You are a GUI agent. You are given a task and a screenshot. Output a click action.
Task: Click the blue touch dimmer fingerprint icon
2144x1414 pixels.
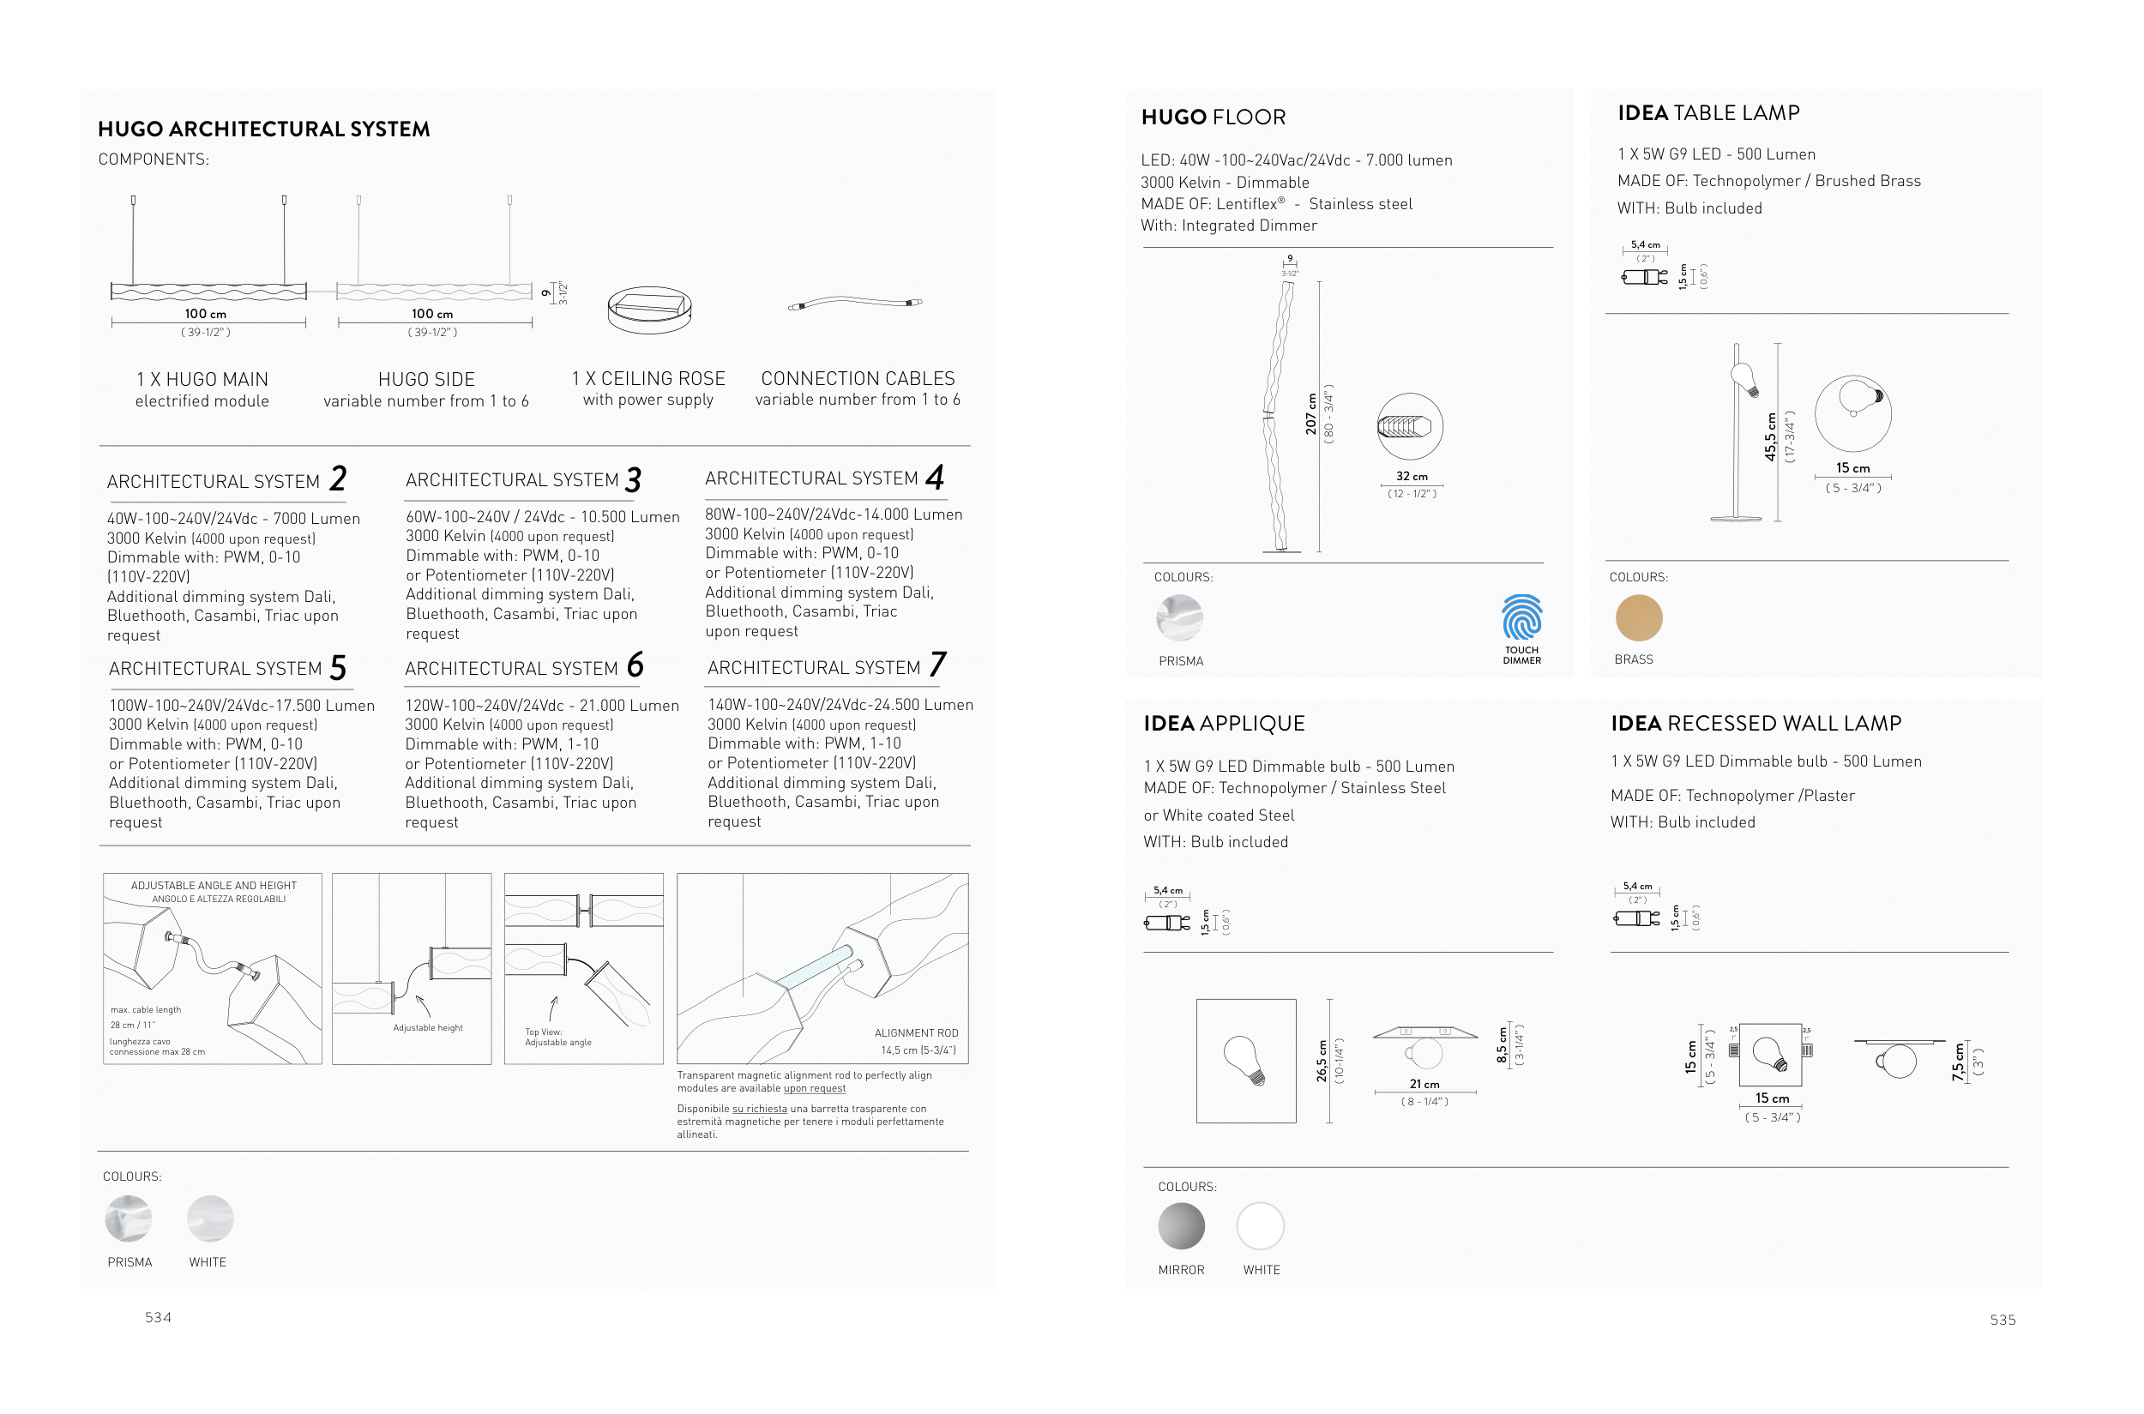click(1521, 617)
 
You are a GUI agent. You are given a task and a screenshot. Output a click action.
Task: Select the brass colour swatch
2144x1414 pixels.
click(1638, 617)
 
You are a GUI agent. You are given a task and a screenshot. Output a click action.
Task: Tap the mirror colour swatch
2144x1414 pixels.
click(1181, 1226)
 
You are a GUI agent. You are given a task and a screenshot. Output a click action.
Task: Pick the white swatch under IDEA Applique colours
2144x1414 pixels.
click(1260, 1226)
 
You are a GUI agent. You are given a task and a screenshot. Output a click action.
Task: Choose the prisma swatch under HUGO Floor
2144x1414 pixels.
click(1180, 617)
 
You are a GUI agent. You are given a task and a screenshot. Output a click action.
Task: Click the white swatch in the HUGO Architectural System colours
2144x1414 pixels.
click(210, 1219)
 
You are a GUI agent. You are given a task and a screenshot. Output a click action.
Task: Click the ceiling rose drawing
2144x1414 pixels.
click(649, 310)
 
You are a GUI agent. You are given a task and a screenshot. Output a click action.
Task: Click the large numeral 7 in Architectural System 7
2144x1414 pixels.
click(938, 665)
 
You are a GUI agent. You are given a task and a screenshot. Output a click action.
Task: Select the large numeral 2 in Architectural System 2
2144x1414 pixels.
click(338, 478)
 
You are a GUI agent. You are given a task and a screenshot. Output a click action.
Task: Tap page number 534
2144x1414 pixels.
click(158, 1317)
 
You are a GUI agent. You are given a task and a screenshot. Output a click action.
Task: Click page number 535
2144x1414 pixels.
click(2002, 1321)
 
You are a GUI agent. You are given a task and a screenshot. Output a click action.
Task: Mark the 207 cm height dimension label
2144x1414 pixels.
click(1311, 414)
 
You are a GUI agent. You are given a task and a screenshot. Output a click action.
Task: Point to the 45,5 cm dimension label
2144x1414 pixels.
click(1770, 437)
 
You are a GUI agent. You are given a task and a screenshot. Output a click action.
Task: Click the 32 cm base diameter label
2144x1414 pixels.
click(1412, 476)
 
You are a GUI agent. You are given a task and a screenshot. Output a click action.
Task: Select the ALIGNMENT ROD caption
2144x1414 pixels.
click(916, 1033)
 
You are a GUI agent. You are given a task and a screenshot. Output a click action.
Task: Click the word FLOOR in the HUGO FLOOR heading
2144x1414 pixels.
click(1250, 117)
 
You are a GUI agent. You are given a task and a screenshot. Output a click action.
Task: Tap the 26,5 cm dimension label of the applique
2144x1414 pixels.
click(1322, 1062)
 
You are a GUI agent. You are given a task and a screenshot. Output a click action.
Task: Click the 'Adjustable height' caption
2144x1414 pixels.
click(428, 1028)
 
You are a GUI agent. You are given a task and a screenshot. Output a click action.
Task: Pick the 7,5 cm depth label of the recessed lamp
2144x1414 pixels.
click(1957, 1062)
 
